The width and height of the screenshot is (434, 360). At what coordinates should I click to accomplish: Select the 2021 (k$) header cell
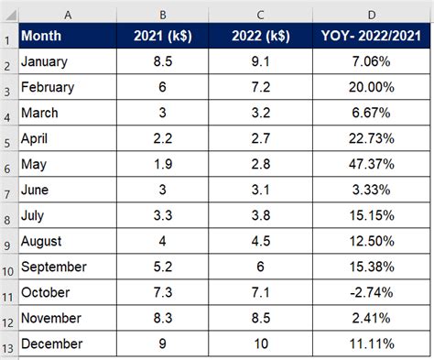(163, 37)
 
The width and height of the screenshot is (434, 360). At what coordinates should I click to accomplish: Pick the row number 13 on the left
(7, 344)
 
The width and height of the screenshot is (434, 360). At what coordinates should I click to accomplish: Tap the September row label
(53, 267)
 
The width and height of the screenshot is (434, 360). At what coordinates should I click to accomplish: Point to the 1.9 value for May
(163, 166)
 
